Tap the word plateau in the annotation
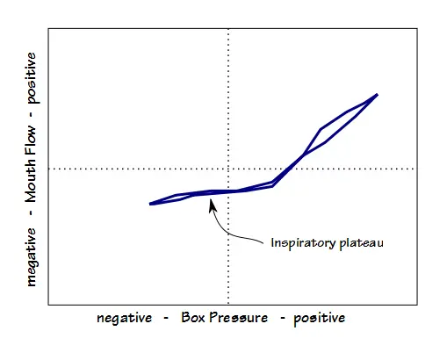click(361, 243)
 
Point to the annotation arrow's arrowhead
click(212, 205)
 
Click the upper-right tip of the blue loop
click(378, 95)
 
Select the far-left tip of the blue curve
click(150, 204)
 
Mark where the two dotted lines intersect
click(228, 169)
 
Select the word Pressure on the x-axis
click(238, 318)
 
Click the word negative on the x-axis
click(124, 319)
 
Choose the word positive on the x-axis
click(319, 319)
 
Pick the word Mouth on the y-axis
click(31, 179)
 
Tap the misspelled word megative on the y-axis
click(32, 257)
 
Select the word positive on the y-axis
click(32, 78)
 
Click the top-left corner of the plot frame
click(48, 28)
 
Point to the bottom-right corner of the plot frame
click(417, 305)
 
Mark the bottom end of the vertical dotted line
click(228, 305)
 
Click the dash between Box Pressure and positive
click(283, 318)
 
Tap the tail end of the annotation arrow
click(263, 243)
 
